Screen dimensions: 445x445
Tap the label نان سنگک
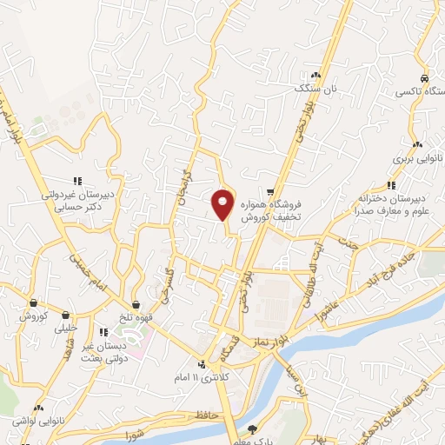coord(314,89)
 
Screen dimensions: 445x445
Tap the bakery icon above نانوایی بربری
coord(418,145)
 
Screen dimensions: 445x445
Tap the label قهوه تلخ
coord(136,317)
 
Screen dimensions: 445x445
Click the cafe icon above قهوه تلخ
coord(136,303)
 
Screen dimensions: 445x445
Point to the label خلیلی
coord(65,329)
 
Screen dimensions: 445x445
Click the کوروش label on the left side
coord(33,316)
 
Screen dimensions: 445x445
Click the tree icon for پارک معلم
coord(253,428)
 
